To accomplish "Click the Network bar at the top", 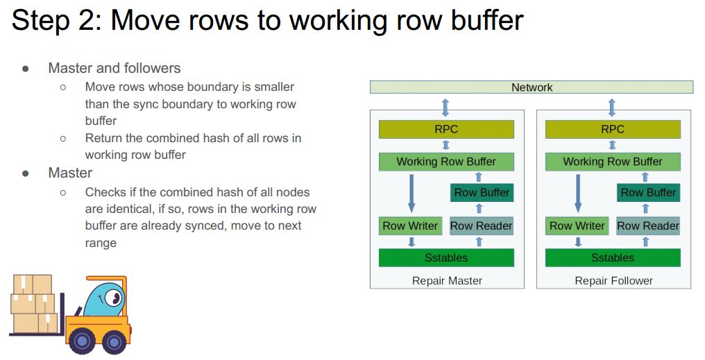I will click(x=532, y=87).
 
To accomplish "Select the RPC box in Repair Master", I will click(x=446, y=129).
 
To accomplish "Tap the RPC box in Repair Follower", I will click(x=613, y=129).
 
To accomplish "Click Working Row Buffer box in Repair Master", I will click(x=446, y=162).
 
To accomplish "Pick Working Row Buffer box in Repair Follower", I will click(x=613, y=162).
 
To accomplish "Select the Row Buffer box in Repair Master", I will click(x=482, y=193).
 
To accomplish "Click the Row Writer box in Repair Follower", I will click(x=577, y=225).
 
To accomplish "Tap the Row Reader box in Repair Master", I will click(x=482, y=225).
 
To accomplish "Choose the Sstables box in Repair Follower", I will click(x=613, y=258).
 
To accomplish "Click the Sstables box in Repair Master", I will click(x=446, y=258).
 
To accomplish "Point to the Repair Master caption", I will click(x=447, y=281).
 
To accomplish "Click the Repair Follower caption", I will click(x=613, y=281).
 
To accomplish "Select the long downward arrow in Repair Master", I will click(x=411, y=193).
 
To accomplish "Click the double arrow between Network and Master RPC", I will click(x=445, y=107).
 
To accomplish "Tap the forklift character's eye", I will click(x=113, y=300).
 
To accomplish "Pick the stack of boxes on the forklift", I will click(x=34, y=304).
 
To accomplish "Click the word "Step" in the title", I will click(x=40, y=21).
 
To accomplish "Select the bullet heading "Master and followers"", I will click(x=114, y=68).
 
